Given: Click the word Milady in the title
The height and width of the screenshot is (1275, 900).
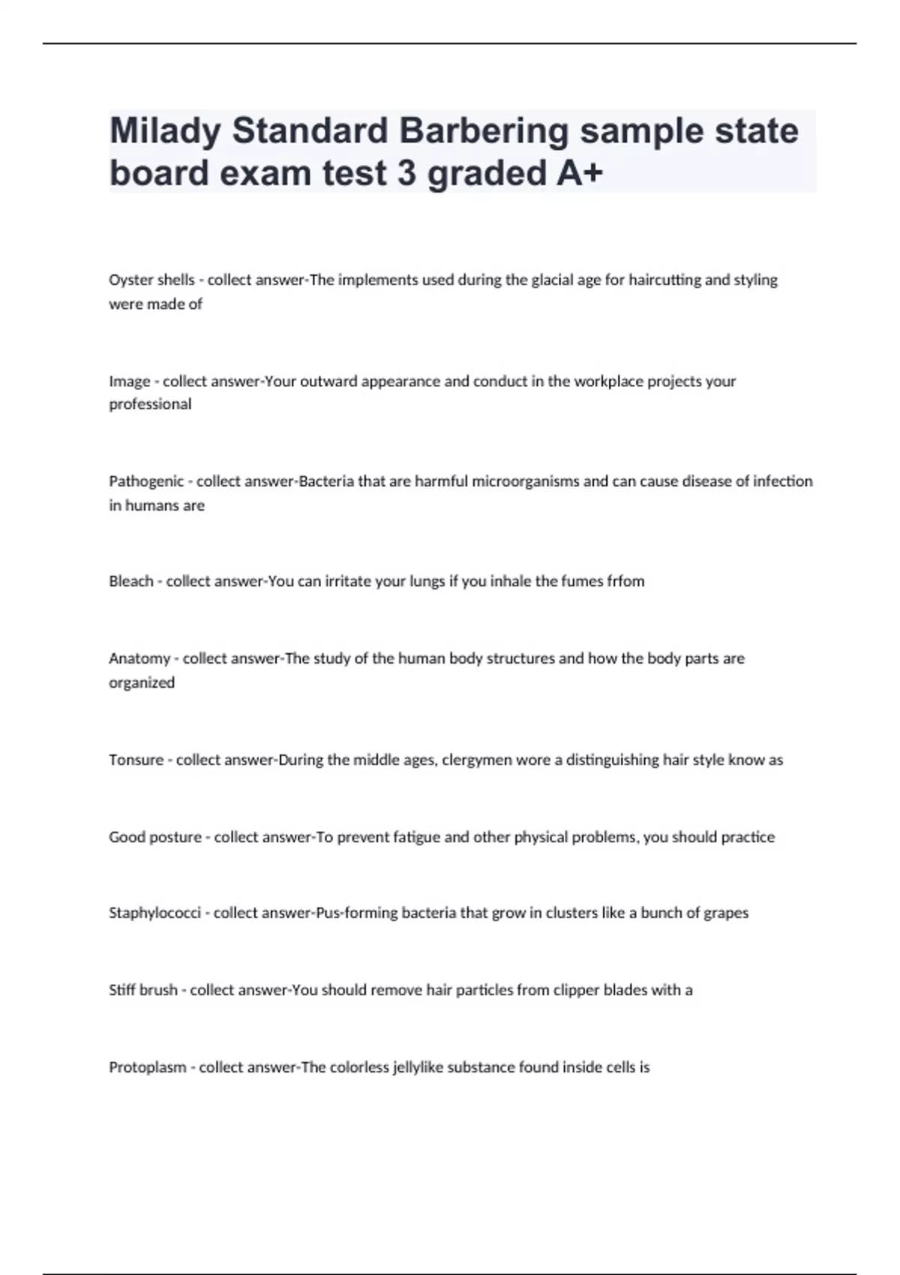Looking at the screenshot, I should tap(165, 131).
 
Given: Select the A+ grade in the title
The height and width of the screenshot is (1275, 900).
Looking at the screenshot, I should tap(580, 173).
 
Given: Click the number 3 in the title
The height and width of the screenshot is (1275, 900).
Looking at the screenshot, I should tap(406, 173).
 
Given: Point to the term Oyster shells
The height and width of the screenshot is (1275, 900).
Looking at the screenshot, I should tap(151, 280).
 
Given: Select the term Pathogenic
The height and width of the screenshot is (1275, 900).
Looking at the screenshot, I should tap(145, 481).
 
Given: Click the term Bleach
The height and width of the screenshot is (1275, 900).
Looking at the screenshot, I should tap(130, 581).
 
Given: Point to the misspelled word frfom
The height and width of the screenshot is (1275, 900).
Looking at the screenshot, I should tap(625, 581).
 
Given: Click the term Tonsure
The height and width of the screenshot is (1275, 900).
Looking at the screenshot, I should tap(136, 760).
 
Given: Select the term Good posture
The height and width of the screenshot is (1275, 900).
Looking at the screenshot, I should tap(155, 837).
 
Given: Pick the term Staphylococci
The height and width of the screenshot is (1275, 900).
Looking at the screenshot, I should tap(154, 913).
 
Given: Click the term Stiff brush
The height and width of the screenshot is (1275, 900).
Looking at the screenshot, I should tap(142, 990).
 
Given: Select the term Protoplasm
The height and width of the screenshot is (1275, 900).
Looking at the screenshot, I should tap(147, 1067).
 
